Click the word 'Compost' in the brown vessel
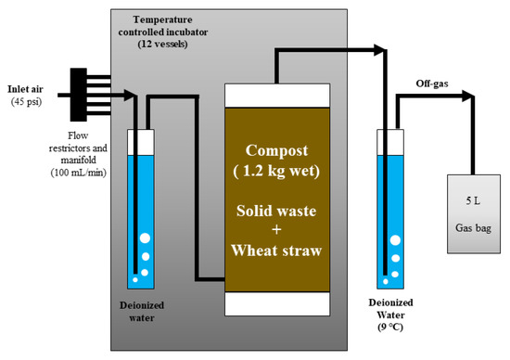coord(277,150)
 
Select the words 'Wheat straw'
coord(277,250)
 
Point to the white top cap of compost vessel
coord(277,96)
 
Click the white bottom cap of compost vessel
coord(277,304)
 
